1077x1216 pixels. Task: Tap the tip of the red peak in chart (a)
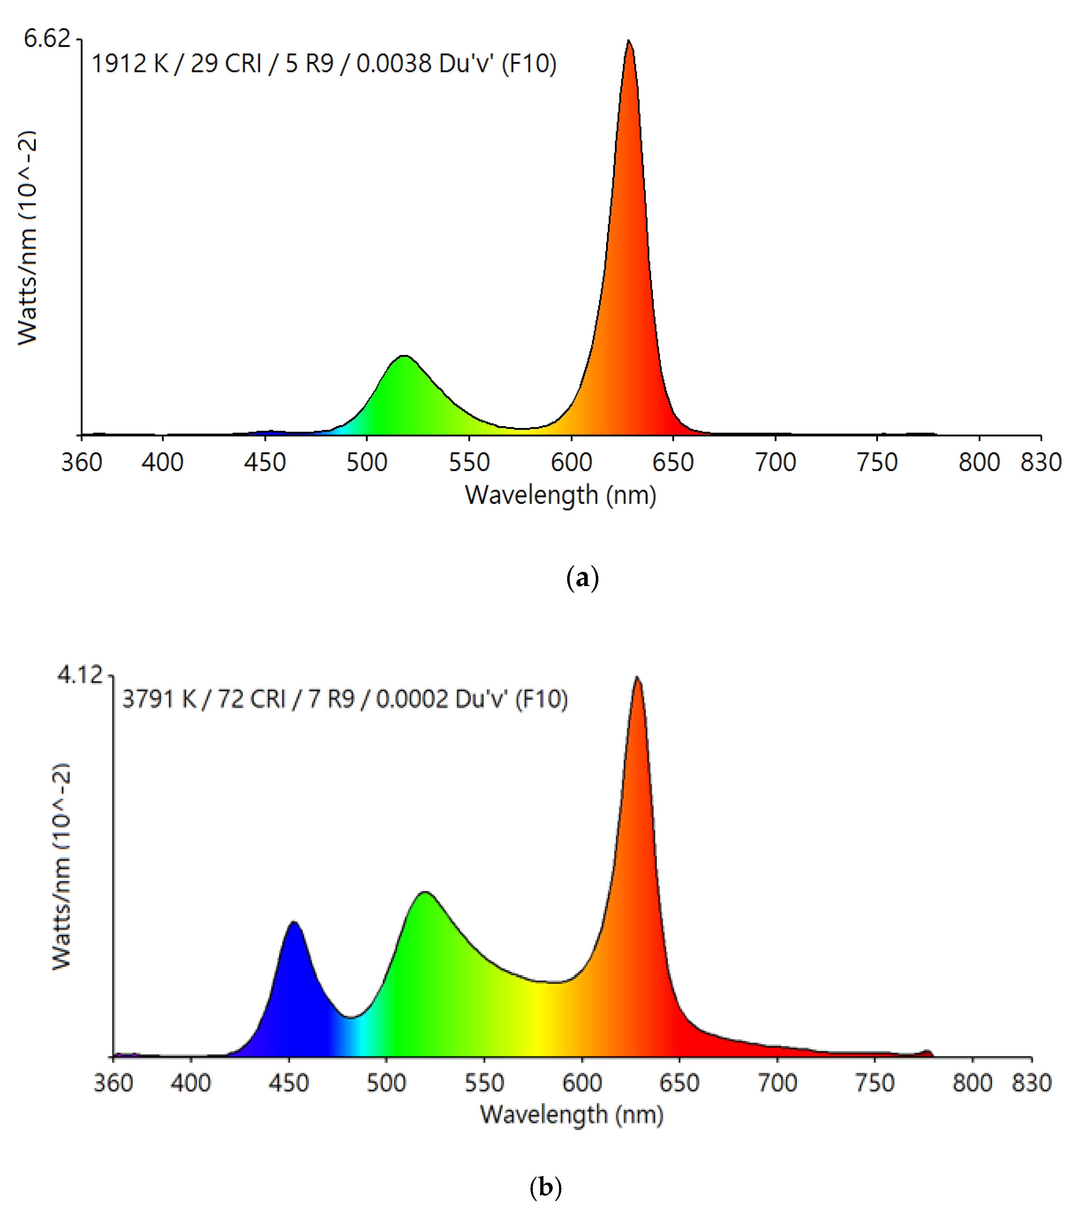(628, 42)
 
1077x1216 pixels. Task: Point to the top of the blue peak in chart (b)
(294, 923)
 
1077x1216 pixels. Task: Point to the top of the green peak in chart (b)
(424, 893)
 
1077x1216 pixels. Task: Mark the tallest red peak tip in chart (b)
(637, 678)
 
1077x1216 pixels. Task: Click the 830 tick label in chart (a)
(1041, 462)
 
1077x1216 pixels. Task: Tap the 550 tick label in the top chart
(469, 462)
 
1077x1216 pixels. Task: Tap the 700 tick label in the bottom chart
(777, 1083)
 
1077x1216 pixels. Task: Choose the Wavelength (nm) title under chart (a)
(560, 495)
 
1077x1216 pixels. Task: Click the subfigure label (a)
(582, 578)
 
